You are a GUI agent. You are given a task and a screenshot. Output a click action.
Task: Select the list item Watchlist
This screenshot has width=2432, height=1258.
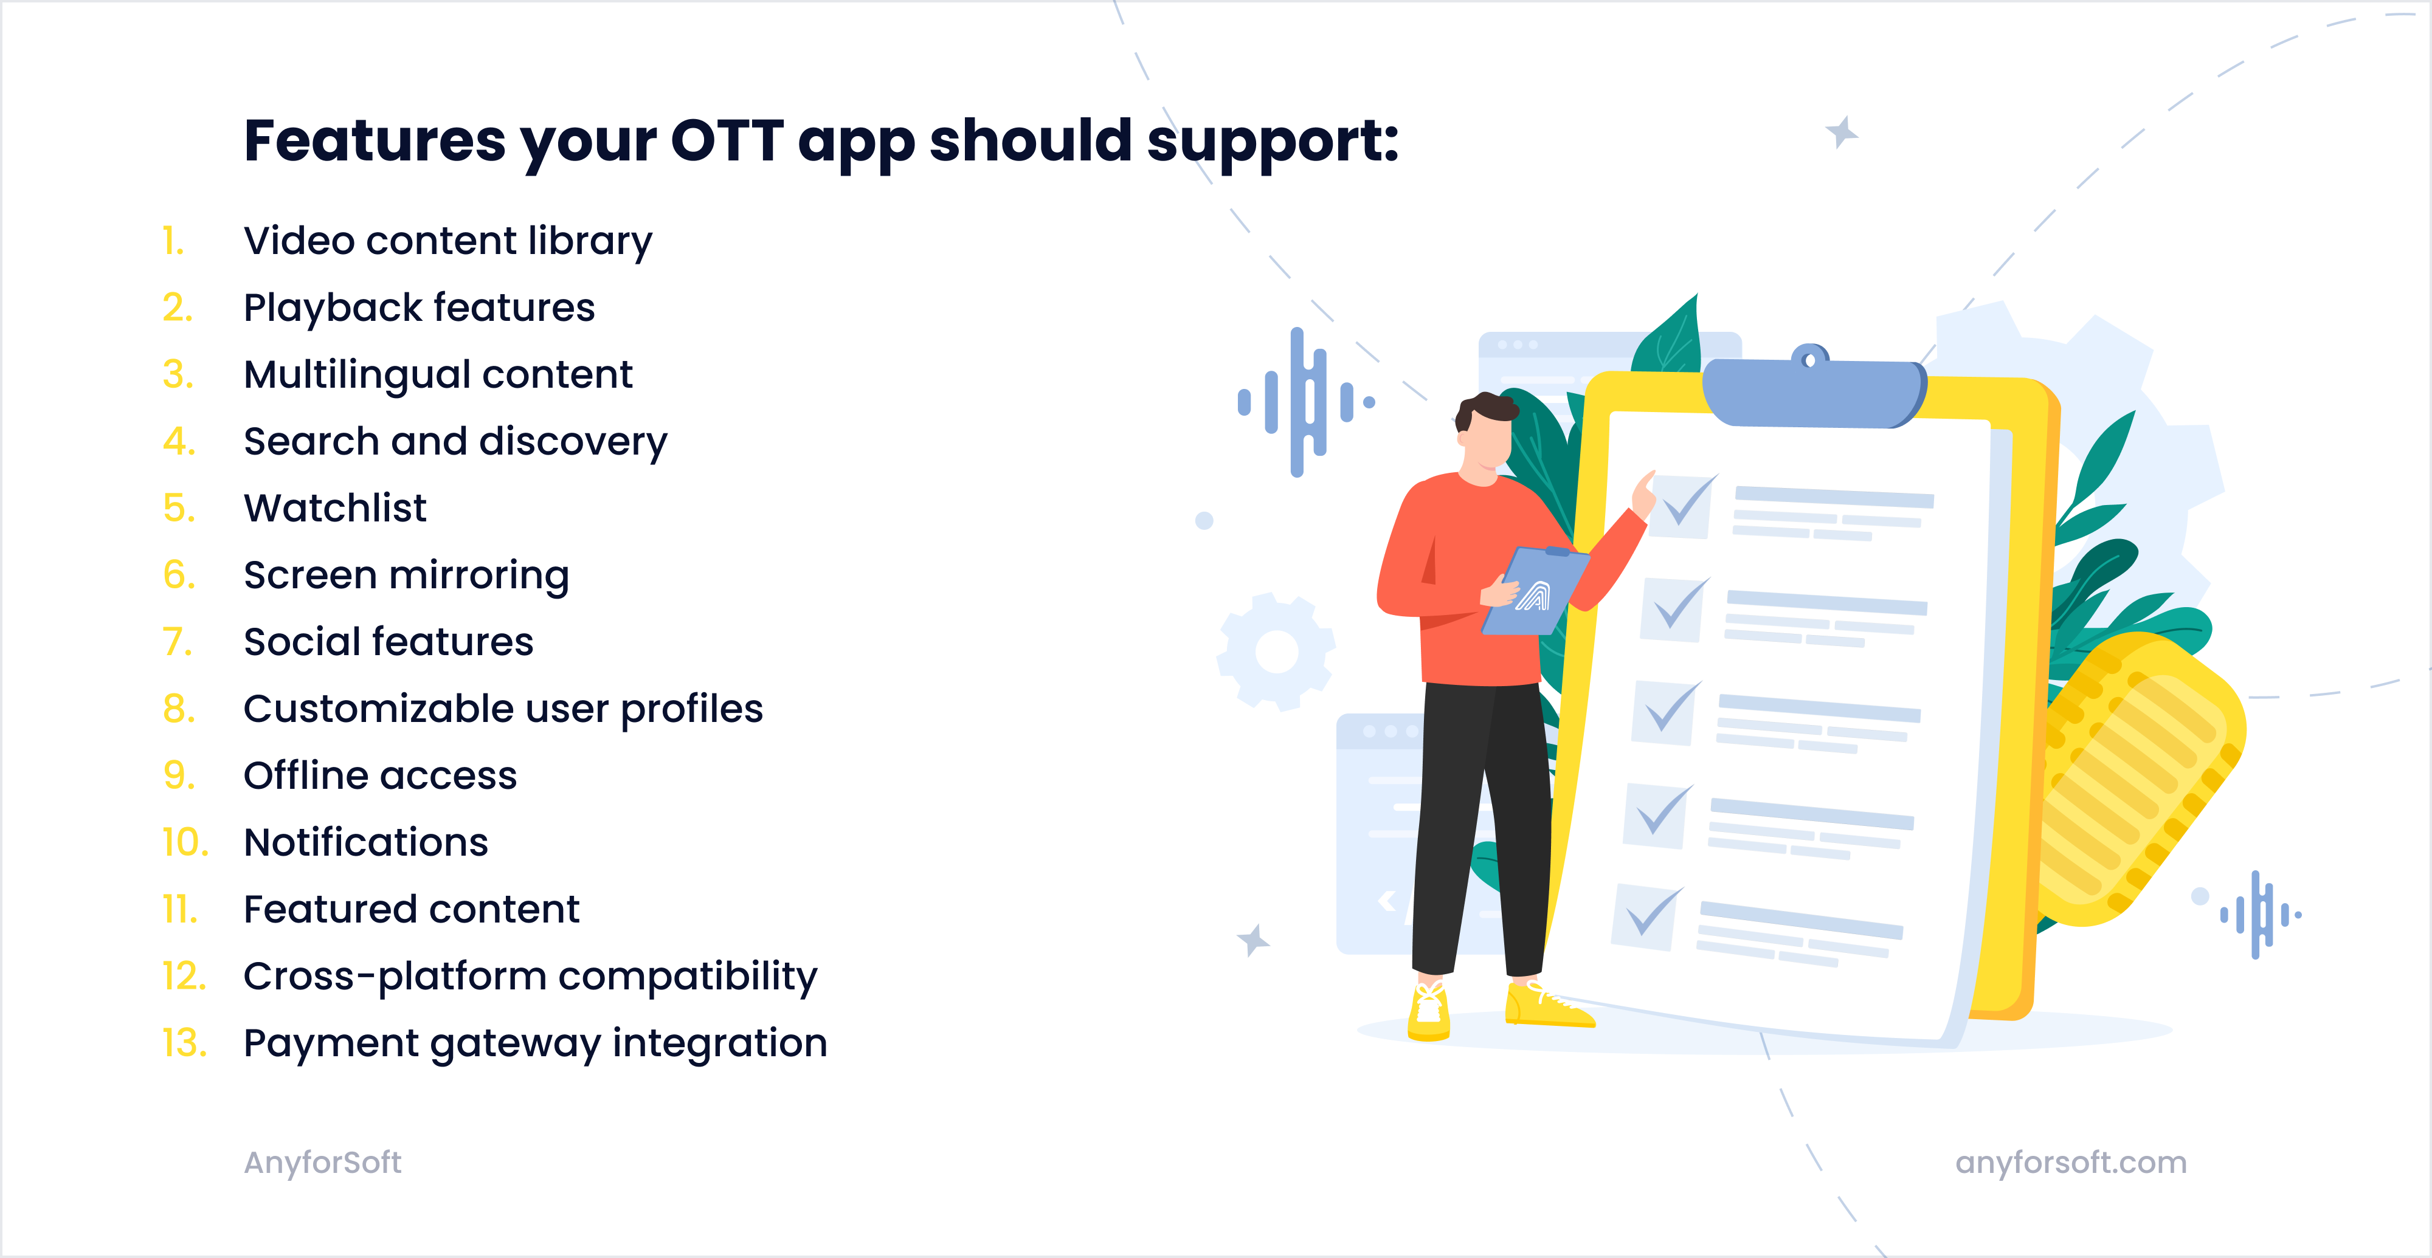coord(334,509)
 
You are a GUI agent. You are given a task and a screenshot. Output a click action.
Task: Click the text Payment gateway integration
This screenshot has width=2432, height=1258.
coord(534,1043)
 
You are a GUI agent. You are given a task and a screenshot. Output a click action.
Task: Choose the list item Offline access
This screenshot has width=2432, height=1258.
coord(379,775)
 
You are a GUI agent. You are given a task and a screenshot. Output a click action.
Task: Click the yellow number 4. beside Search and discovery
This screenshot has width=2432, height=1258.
coord(178,442)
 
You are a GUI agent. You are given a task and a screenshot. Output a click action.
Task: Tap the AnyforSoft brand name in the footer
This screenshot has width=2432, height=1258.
coord(322,1163)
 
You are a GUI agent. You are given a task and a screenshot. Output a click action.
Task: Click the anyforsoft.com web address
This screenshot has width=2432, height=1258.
coord(2070,1163)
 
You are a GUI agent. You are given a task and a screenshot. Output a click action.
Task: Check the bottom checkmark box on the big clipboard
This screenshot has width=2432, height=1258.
coord(1646,915)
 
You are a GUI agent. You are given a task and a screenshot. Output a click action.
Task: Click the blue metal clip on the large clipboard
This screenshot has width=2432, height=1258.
coord(1812,391)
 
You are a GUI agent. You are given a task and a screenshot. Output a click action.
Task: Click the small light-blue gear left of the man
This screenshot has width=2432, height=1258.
coord(1276,651)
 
